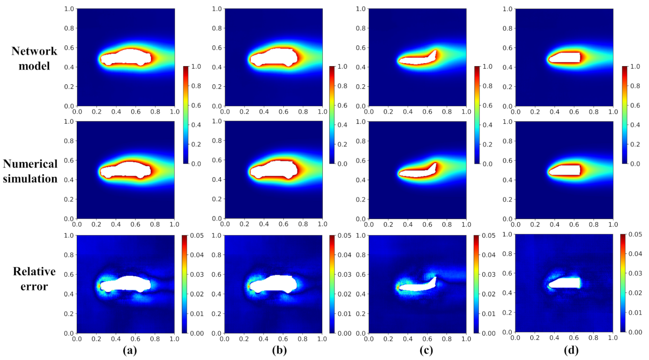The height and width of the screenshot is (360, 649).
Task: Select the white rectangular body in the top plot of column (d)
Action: click(564, 57)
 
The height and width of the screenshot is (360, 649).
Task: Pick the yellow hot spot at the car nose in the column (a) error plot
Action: click(98, 286)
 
